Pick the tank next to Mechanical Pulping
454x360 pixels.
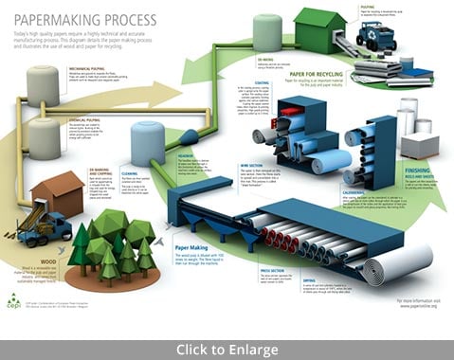click(42, 86)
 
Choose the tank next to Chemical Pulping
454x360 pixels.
click(44, 138)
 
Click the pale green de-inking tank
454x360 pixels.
click(267, 32)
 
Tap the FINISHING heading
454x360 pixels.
click(414, 170)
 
